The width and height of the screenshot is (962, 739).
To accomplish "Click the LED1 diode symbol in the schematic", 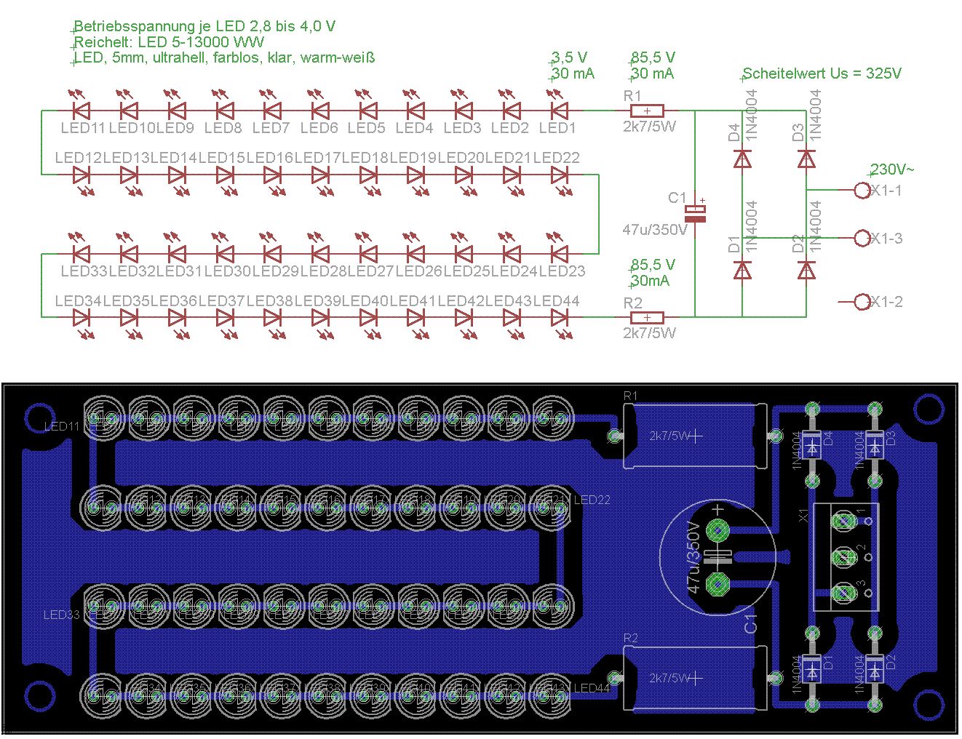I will [x=559, y=111].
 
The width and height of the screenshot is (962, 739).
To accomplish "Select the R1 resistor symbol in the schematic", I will [x=647, y=111].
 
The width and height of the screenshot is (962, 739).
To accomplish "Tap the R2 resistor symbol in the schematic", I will [x=647, y=317].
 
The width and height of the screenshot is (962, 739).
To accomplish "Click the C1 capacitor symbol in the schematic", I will [x=696, y=213].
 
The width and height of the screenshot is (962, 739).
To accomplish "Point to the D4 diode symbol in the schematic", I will [x=742, y=159].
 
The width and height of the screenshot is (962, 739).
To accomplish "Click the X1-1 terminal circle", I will [x=862, y=191].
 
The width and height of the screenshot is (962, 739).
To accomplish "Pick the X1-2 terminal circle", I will [x=862, y=301].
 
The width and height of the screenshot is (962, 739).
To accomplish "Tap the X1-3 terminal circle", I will [x=862, y=238].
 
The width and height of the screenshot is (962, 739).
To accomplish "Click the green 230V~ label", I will [x=892, y=169].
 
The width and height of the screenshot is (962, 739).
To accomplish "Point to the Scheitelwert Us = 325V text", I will [x=822, y=73].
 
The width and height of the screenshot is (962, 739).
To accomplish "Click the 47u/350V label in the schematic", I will [x=655, y=230].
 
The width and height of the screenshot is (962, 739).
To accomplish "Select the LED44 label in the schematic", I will [x=557, y=301].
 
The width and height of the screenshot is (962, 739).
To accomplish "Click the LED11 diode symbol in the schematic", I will [x=82, y=111].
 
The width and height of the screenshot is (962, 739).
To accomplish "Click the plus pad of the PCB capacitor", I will [x=718, y=530].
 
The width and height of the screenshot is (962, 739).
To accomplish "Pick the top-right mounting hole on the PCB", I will [x=928, y=408].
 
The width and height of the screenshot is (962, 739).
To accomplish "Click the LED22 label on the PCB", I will [x=592, y=500].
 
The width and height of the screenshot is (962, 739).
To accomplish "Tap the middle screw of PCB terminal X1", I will [x=844, y=557].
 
